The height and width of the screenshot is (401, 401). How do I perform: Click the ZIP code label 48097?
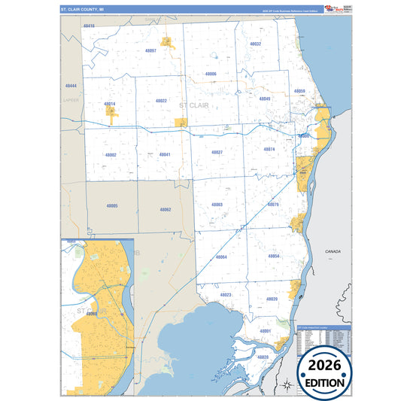point(150,50)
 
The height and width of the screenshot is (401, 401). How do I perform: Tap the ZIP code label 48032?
point(255,44)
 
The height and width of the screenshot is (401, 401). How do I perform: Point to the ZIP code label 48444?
point(71,86)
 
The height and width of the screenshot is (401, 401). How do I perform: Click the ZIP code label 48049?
point(265,99)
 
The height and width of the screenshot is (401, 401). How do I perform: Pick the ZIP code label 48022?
point(161,100)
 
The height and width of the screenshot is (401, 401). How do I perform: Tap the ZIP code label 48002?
point(111,154)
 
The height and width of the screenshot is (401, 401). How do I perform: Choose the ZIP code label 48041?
point(165,154)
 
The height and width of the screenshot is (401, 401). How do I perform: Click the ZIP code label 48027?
point(217,152)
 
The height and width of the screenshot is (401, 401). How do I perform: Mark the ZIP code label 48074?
point(269,149)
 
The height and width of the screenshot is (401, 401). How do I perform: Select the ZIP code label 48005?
point(112,205)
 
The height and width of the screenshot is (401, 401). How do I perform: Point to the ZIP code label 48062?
point(165,209)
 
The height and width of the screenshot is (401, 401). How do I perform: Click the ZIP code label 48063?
point(217,205)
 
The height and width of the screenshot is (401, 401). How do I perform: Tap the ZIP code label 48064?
point(220,257)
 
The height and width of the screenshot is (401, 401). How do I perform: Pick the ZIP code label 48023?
point(226,294)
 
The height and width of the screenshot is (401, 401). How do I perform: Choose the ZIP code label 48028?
point(263,356)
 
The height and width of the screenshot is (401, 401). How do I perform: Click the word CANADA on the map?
point(333,251)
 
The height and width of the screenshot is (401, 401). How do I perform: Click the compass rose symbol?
point(286,386)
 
